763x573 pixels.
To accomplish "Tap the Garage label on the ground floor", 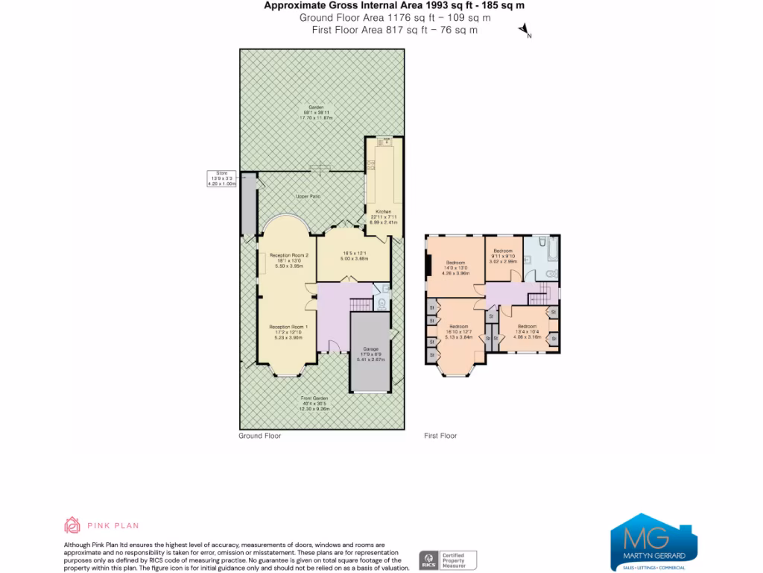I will tap(370, 349).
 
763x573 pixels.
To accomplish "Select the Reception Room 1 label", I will tap(288, 327).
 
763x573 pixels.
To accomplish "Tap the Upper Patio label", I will tap(307, 196).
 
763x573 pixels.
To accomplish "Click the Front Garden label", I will tap(314, 398).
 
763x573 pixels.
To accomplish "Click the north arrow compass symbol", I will tap(524, 31).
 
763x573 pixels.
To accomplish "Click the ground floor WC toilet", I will tap(381, 303).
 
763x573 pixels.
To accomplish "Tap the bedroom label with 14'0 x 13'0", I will tap(456, 267).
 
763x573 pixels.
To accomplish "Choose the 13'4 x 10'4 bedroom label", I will tap(527, 331).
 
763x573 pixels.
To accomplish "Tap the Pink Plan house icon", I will tap(72, 525).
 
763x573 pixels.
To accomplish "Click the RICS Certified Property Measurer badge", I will tap(448, 559).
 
